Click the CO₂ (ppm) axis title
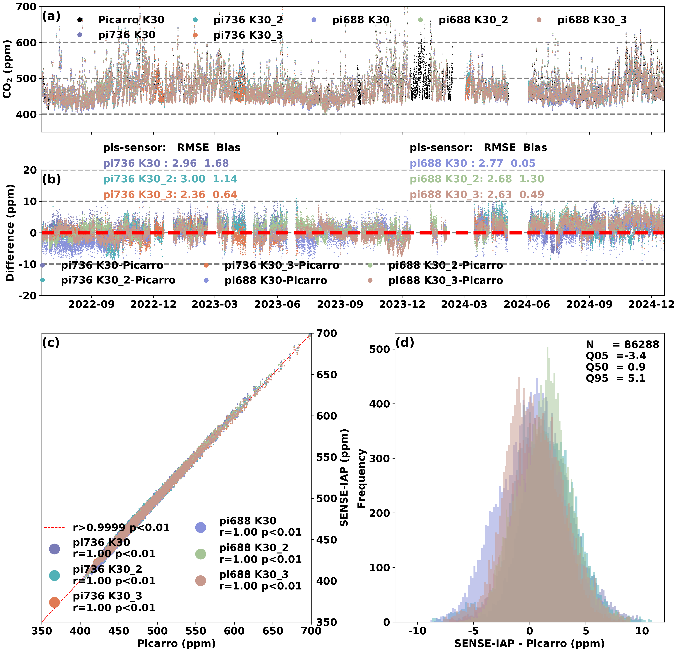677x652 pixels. (x=8, y=69)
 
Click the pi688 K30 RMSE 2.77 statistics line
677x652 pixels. (x=472, y=163)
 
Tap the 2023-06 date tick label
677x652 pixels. (x=277, y=305)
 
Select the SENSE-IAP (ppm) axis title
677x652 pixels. (x=344, y=478)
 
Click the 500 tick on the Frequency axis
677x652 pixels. (x=379, y=349)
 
